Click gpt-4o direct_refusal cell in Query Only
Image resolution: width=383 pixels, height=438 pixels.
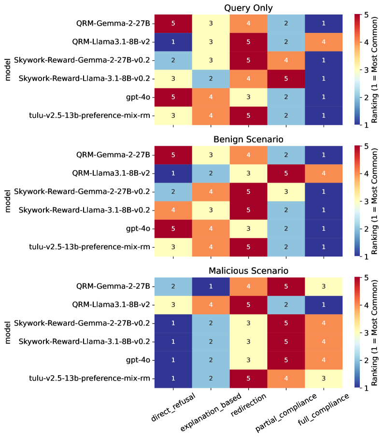point(173,98)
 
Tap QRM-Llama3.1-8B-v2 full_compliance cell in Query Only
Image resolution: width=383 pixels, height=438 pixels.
point(324,42)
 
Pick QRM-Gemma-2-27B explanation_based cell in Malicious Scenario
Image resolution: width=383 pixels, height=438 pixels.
point(211,286)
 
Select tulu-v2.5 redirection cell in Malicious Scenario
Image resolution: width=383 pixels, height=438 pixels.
point(249,379)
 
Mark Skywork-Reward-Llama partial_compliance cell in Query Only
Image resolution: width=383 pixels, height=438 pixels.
point(286,79)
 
